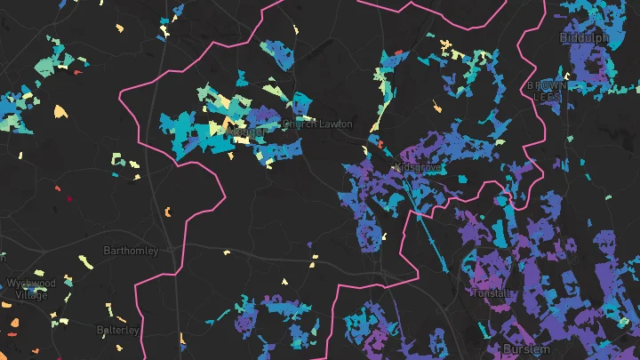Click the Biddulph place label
(584, 38)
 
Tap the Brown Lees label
(545, 90)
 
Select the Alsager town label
(246, 132)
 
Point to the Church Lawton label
(316, 124)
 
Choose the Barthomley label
(131, 251)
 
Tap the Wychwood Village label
(29, 288)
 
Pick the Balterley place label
(118, 330)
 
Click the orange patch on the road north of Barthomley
(167, 212)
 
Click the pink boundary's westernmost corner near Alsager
(121, 92)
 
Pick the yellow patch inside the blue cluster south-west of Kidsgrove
(385, 237)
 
